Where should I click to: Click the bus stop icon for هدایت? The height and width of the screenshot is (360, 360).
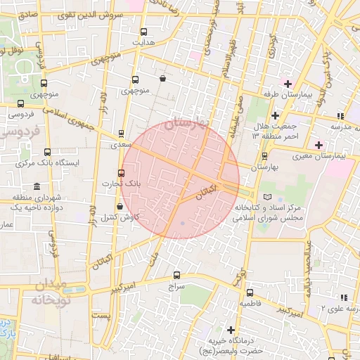point(144,31)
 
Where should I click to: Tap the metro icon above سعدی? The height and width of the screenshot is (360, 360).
point(121,133)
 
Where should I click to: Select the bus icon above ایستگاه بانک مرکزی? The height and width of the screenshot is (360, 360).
point(47,152)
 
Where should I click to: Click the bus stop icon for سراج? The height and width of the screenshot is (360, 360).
point(176,276)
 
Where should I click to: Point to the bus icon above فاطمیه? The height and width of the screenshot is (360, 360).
point(250,292)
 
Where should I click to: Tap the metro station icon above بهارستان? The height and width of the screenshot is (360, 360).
point(264,156)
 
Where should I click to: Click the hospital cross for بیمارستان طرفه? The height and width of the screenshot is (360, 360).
point(288,84)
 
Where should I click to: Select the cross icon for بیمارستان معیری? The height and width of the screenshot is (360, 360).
point(319,144)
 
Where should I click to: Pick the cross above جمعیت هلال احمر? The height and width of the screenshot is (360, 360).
point(275,115)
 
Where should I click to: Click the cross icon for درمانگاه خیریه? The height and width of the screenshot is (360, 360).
point(231,329)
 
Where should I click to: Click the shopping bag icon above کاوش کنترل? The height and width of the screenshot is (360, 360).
point(120,207)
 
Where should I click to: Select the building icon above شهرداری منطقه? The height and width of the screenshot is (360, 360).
point(37,186)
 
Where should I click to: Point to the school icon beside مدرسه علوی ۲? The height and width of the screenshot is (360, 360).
point(343,297)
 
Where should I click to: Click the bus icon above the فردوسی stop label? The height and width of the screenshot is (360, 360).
point(20,103)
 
